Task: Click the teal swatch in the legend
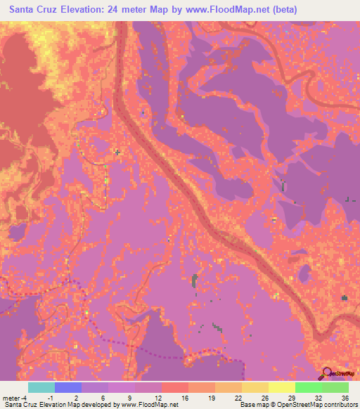41,387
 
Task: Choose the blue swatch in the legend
68,387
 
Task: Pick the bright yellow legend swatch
281,387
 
